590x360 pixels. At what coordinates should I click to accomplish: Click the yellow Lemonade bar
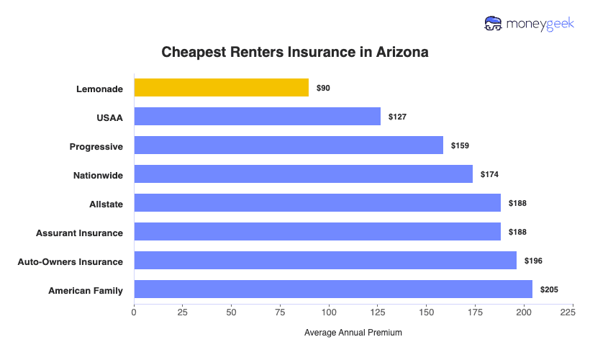pyautogui.click(x=222, y=88)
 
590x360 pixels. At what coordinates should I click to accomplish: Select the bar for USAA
pyautogui.click(x=257, y=117)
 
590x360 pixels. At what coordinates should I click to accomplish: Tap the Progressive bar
pyautogui.click(x=289, y=145)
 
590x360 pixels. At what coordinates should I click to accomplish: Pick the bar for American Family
pyautogui.click(x=333, y=289)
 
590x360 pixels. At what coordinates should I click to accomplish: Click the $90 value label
pyautogui.click(x=323, y=88)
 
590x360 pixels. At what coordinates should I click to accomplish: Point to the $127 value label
pyautogui.click(x=397, y=117)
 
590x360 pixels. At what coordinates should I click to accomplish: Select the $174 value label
pyautogui.click(x=489, y=174)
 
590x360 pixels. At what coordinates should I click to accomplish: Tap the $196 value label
pyautogui.click(x=533, y=261)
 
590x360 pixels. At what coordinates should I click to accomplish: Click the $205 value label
pyautogui.click(x=549, y=289)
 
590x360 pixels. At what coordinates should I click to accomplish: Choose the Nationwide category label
pyautogui.click(x=98, y=175)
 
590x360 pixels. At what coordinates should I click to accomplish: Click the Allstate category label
pyautogui.click(x=105, y=204)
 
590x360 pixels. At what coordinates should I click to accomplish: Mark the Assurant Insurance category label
pyautogui.click(x=79, y=233)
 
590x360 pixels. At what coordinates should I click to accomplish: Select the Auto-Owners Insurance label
pyautogui.click(x=71, y=261)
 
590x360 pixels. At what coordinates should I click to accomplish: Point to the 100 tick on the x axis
pyautogui.click(x=330, y=312)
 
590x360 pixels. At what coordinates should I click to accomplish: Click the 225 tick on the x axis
pyautogui.click(x=568, y=312)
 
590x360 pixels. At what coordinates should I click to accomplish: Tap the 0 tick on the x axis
pyautogui.click(x=134, y=312)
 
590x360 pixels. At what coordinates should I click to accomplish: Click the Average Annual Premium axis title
pyautogui.click(x=353, y=333)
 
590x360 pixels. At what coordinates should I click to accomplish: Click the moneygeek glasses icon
pyautogui.click(x=494, y=24)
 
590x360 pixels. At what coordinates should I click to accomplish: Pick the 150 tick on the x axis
pyautogui.click(x=426, y=312)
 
